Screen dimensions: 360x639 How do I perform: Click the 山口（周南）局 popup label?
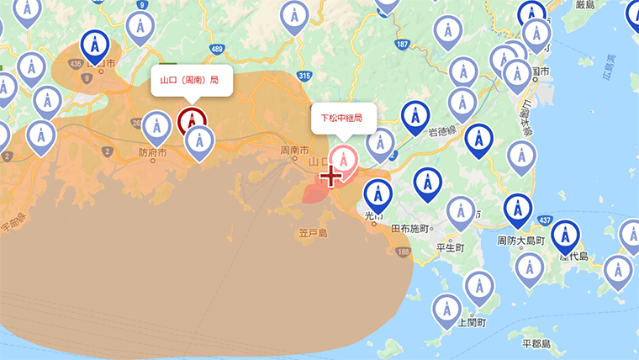coord(190,81)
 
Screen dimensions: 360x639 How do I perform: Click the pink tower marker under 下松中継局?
coord(343,158)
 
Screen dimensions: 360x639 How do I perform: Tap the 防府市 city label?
coord(152,154)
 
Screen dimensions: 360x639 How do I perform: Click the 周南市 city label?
coord(294,151)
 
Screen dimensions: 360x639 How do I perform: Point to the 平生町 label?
coord(451,247)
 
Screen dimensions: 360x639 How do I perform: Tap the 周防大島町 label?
coord(521,241)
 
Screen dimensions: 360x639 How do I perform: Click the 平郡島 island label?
coord(536,344)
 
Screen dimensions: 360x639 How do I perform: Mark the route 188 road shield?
coord(404,251)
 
